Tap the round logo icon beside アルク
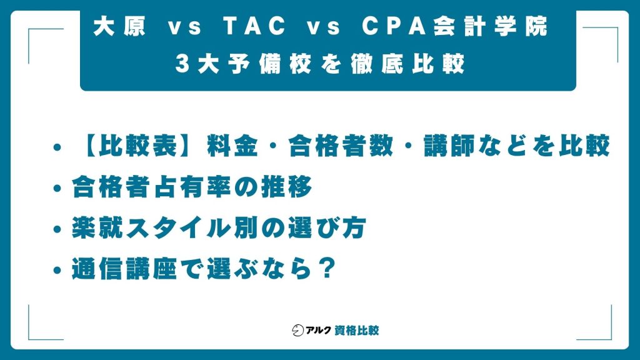click(298, 330)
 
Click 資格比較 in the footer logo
click(357, 330)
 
